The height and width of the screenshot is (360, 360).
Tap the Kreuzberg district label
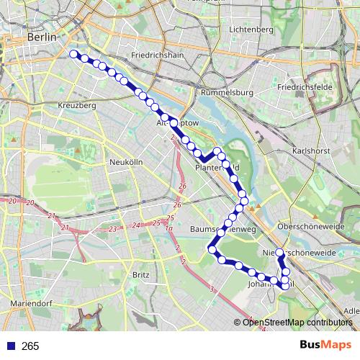76,105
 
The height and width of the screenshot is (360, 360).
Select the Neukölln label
125,163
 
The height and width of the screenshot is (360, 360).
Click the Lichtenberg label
251,30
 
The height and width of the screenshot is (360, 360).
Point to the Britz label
141,275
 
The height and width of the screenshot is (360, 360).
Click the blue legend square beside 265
10,346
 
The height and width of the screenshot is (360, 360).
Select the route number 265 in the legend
30,346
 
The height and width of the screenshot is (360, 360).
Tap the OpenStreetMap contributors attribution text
297,323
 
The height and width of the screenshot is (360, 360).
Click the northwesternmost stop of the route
73,53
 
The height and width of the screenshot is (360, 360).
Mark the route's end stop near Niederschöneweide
280,253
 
